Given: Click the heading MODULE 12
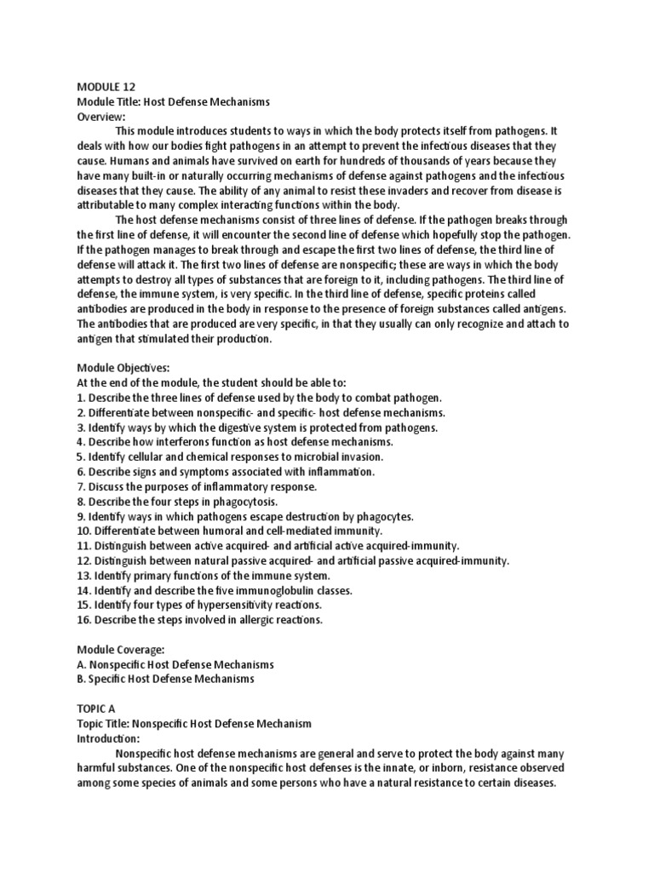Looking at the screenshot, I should click(106, 86).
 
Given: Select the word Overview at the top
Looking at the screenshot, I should click(100, 116).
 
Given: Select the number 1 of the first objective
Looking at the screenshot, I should click(80, 398).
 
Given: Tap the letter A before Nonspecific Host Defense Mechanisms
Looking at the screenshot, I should click(81, 664).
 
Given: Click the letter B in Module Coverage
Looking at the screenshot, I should click(81, 679).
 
